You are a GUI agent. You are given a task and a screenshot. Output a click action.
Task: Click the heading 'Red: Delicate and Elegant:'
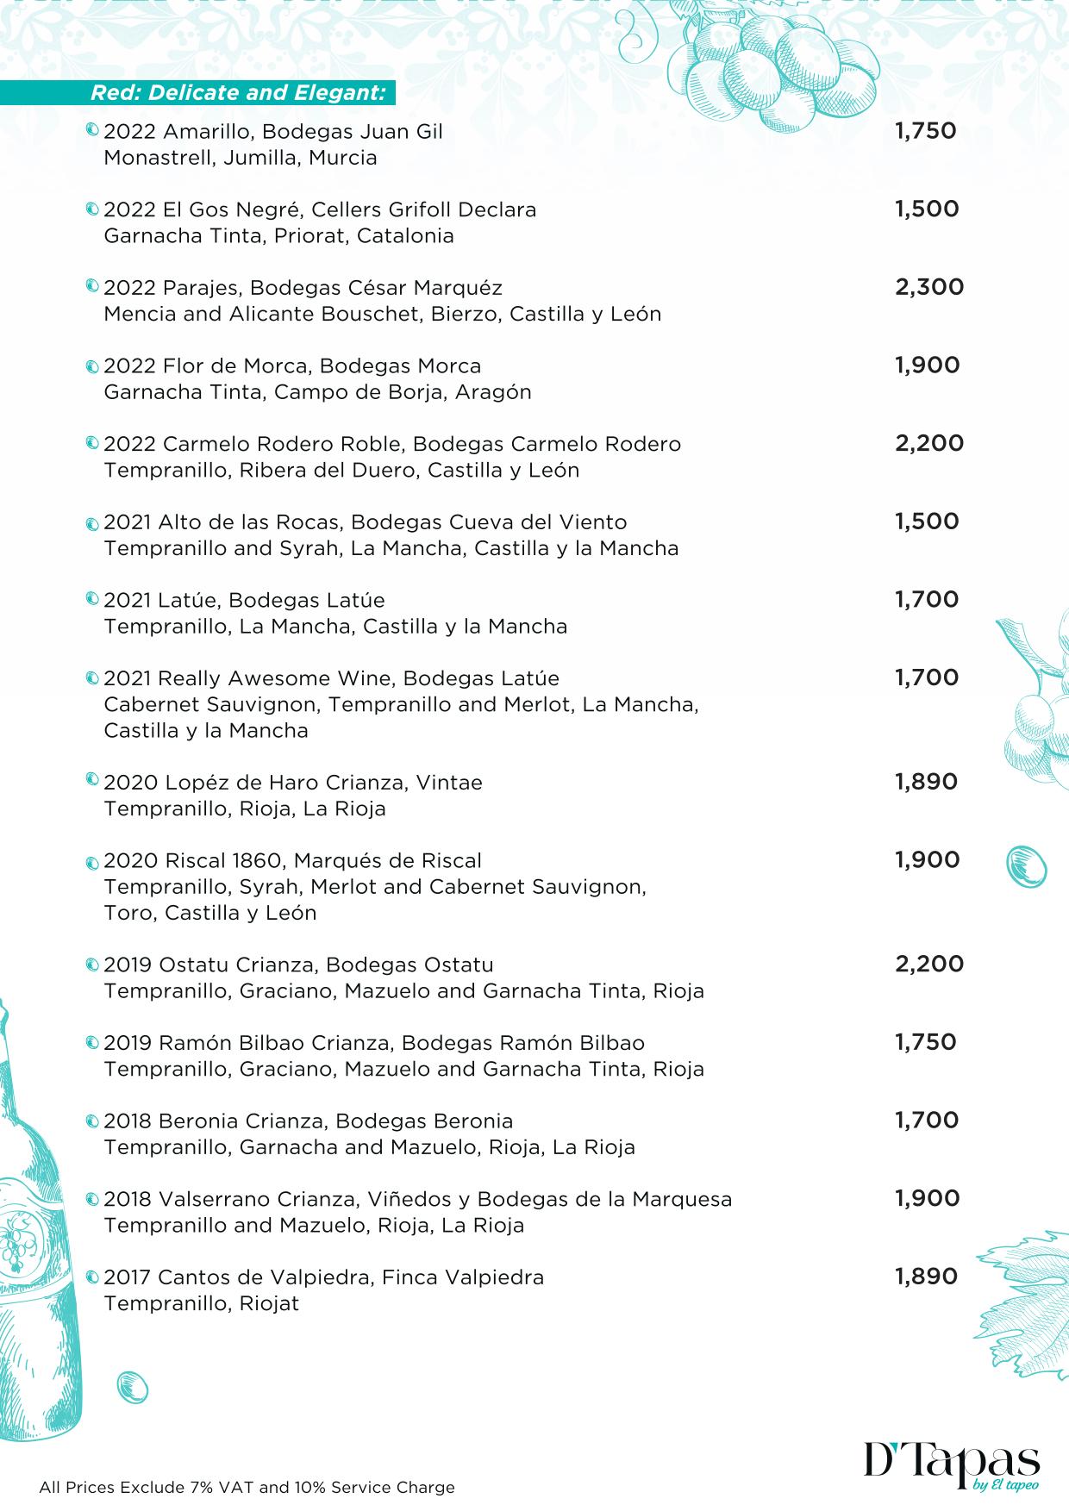[238, 93]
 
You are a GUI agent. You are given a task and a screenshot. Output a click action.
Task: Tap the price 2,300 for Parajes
[928, 287]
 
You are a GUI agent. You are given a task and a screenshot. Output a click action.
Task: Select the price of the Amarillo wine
[925, 131]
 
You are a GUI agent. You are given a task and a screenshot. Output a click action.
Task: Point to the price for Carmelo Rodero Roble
[928, 443]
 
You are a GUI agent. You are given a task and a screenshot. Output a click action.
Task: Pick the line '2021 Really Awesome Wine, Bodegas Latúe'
[331, 678]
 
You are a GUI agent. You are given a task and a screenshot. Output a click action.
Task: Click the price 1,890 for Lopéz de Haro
[926, 782]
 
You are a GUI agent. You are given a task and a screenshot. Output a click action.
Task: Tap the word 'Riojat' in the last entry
[269, 1303]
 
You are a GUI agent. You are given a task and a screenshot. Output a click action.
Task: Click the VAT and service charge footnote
[247, 1487]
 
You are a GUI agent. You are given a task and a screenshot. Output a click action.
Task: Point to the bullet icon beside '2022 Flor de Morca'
[93, 367]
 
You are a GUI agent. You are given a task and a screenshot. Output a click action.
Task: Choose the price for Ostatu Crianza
[928, 964]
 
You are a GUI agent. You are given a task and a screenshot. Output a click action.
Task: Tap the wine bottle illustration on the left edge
[39, 1250]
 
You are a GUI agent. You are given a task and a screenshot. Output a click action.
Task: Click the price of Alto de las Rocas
[926, 521]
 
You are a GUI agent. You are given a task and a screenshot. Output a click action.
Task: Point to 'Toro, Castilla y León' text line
[209, 913]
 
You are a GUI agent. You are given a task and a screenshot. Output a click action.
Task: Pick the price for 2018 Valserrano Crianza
[927, 1198]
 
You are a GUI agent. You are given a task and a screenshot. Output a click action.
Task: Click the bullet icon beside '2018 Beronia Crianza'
[93, 1122]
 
